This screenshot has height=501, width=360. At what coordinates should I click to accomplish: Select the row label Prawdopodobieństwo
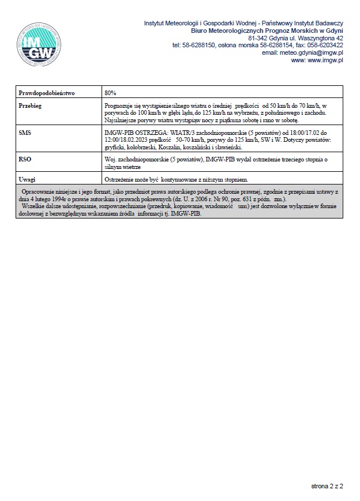[43, 92]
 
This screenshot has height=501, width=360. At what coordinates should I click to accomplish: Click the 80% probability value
[111, 92]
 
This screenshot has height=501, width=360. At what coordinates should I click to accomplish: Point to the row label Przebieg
[30, 106]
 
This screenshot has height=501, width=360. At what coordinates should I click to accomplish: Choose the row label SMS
[25, 133]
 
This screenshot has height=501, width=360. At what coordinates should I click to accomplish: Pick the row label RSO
[25, 159]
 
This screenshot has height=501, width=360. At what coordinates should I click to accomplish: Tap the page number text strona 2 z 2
[327, 486]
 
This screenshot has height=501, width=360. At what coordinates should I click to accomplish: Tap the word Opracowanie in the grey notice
[38, 191]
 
